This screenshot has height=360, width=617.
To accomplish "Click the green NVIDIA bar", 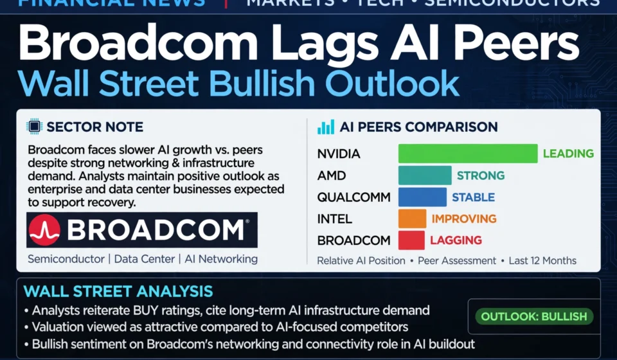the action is click(468, 154).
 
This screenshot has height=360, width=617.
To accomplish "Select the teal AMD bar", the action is click(425, 175).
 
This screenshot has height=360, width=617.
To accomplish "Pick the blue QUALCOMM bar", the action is click(422, 197).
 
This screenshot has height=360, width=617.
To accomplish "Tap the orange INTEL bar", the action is click(412, 219).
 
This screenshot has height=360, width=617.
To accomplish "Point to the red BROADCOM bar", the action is click(411, 240).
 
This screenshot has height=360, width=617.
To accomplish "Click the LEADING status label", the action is click(568, 154).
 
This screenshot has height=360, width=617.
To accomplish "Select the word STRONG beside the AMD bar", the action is click(481, 175).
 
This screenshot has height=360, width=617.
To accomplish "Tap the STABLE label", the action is click(474, 197).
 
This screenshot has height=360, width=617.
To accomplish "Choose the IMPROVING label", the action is click(464, 219).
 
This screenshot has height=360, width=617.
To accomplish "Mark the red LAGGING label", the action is click(456, 240).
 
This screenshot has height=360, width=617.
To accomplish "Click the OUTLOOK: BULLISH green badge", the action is click(534, 316).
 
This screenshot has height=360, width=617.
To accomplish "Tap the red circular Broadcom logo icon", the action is click(44, 230).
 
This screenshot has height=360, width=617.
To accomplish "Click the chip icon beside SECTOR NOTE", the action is click(34, 126).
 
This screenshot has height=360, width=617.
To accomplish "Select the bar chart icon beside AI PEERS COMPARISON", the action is click(326, 127).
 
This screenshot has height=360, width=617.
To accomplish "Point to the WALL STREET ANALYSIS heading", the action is click(118, 292).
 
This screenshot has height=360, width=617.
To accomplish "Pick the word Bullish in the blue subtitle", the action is click(262, 84).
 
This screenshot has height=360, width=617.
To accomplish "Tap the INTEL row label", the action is click(334, 219).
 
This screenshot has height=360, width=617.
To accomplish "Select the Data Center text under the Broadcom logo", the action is click(145, 259).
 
